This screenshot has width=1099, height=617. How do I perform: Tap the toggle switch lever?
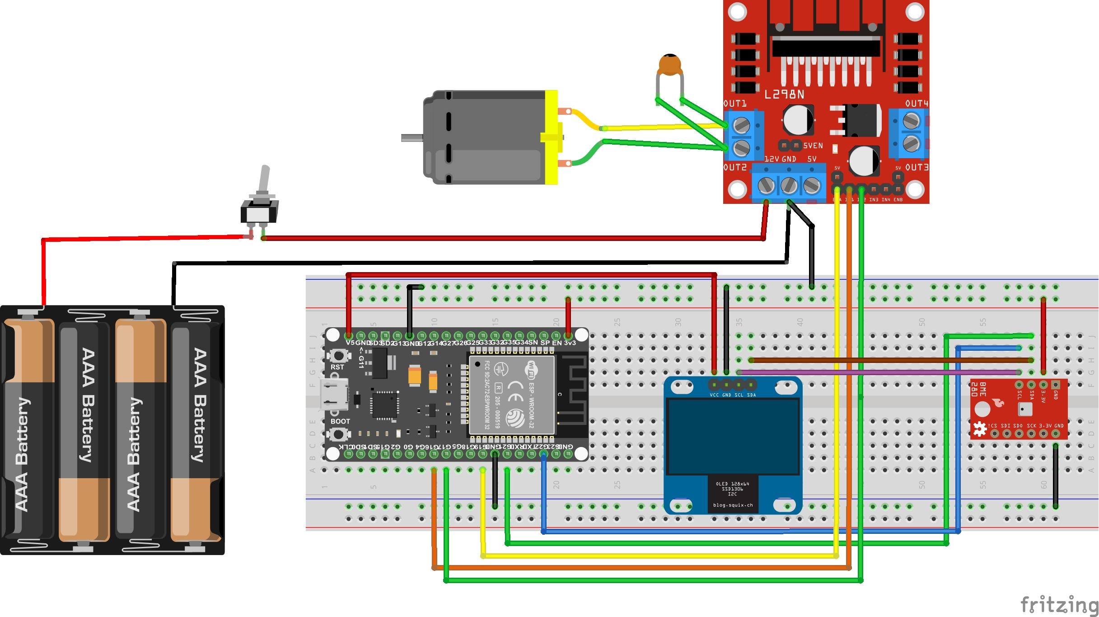pyautogui.click(x=264, y=181)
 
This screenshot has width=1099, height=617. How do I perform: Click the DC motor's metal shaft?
pyautogui.click(x=411, y=138)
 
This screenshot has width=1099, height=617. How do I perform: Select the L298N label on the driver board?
pyautogui.click(x=784, y=94)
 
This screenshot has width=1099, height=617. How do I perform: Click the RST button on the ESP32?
pyautogui.click(x=337, y=356)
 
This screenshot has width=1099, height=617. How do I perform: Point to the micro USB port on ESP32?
pyautogui.click(x=333, y=394)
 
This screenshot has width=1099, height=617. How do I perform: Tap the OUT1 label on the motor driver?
pyautogui.click(x=735, y=104)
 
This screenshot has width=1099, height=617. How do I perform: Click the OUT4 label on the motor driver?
pyautogui.click(x=916, y=104)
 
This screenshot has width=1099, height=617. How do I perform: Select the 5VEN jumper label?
pyautogui.click(x=813, y=146)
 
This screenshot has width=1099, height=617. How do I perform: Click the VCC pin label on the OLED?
pyautogui.click(x=714, y=395)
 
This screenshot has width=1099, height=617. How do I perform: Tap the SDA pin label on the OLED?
pyautogui.click(x=751, y=395)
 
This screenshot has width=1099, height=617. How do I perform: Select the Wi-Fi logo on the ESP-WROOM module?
pyautogui.click(x=532, y=368)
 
